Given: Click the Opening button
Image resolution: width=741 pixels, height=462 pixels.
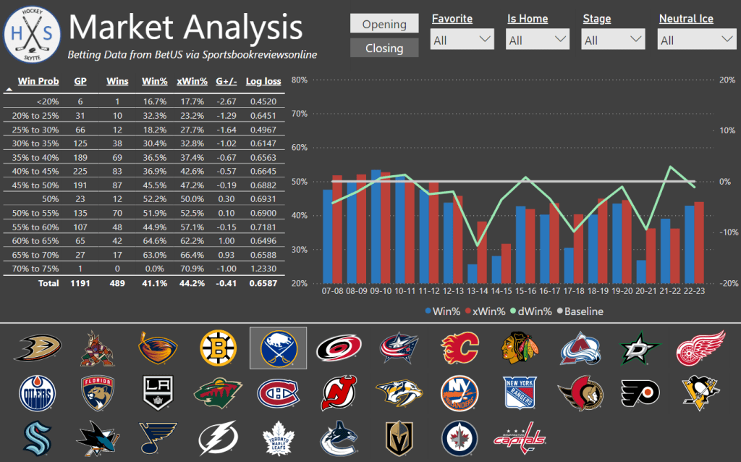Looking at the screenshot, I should (384, 24).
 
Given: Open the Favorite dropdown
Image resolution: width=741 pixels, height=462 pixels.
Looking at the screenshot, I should (462, 41).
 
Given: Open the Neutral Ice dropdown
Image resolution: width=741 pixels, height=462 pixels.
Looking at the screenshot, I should (697, 41).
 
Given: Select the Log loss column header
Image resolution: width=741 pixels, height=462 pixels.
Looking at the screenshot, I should (263, 81).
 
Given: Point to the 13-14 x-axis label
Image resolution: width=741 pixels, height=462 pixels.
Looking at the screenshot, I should (478, 290).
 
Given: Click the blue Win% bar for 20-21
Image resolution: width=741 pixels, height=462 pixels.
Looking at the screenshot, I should (641, 272).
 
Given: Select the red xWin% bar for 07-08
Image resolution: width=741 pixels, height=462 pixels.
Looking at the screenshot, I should (336, 229).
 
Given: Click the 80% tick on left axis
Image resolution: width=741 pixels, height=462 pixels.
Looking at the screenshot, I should (299, 80).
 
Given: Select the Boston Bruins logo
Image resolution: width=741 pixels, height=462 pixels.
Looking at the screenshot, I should (216, 348).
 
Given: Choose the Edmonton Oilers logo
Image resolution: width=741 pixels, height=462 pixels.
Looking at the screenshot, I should (36, 392).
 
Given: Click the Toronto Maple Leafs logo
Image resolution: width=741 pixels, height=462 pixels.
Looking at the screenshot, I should (277, 437).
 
